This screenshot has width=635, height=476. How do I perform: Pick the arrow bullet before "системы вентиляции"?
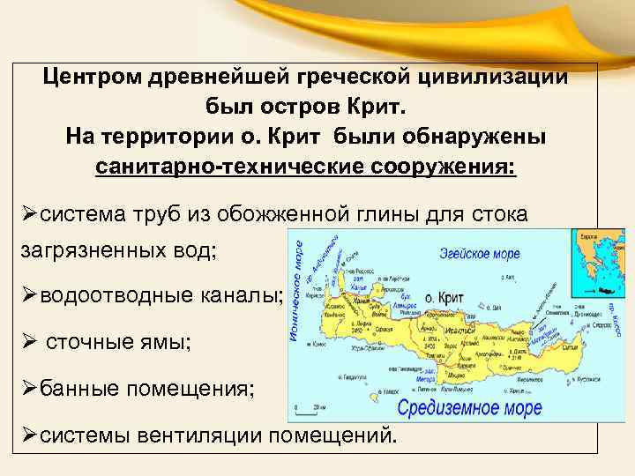[30, 435]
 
